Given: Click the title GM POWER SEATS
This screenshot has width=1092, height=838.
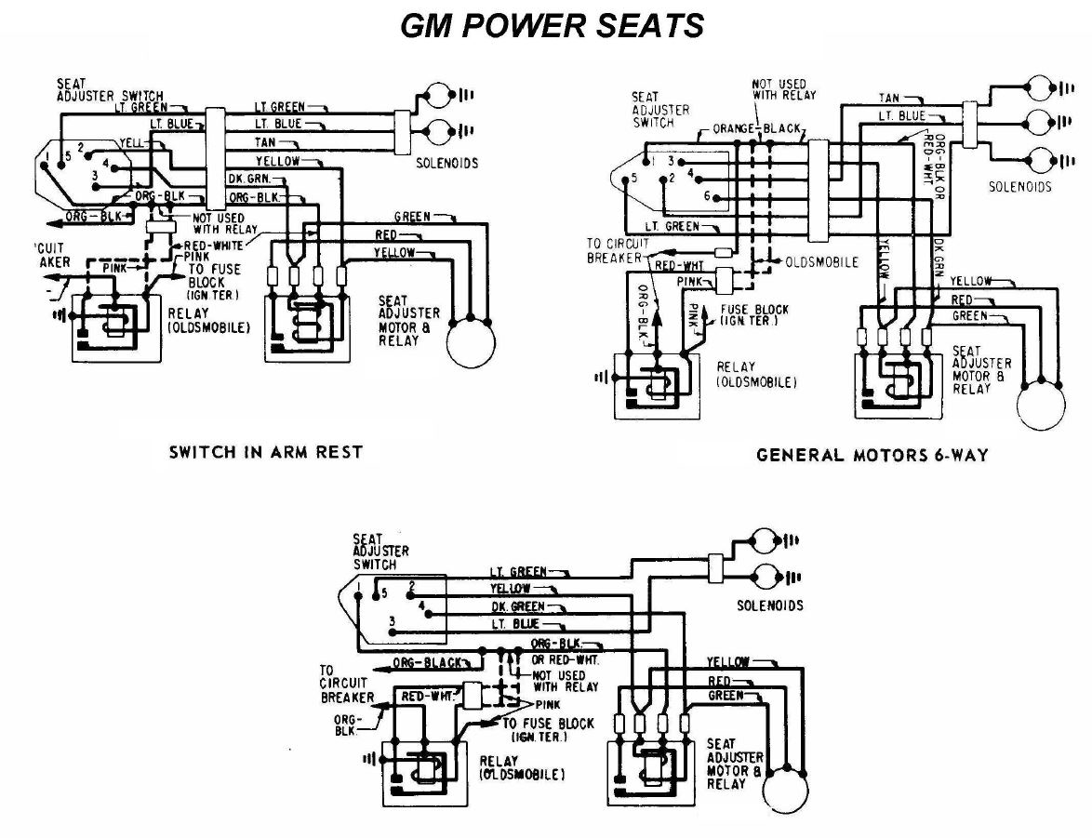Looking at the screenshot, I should pyautogui.click(x=552, y=25).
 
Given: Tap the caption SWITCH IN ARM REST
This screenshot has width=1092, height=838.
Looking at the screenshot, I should pyautogui.click(x=264, y=453).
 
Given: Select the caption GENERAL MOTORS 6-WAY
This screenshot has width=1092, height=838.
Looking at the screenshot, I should pyautogui.click(x=872, y=455).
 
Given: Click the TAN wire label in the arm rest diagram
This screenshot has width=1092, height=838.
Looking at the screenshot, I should pyautogui.click(x=263, y=142).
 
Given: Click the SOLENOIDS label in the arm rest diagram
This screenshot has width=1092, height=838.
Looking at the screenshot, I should pyautogui.click(x=449, y=163).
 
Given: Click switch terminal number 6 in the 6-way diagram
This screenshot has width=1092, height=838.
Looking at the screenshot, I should pyautogui.click(x=706, y=196).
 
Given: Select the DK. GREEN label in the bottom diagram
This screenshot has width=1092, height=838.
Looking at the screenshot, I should pyautogui.click(x=518, y=606).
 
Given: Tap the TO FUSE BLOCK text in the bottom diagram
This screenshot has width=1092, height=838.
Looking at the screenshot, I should pyautogui.click(x=548, y=724).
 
